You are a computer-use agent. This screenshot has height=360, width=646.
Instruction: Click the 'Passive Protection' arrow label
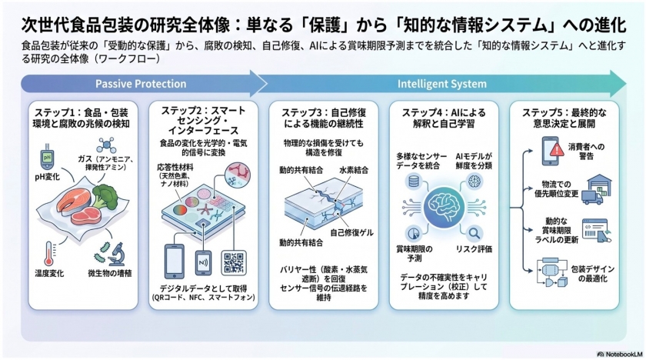[x=141, y=84]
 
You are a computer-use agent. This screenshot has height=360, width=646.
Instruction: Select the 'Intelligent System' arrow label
[x=442, y=84]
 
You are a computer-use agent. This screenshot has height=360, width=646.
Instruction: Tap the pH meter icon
[x=47, y=156]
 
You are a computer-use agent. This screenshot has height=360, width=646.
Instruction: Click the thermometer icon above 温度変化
[x=49, y=254]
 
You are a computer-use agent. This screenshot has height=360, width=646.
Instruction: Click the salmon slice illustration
[x=72, y=202]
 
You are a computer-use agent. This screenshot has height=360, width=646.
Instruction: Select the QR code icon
[x=234, y=262]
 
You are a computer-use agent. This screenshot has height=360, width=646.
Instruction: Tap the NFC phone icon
[x=203, y=263]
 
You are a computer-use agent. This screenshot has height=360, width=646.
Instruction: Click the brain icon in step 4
[x=444, y=207]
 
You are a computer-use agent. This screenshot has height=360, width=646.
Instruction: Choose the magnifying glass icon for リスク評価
[x=475, y=233]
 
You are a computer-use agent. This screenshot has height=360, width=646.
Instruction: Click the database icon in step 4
[x=413, y=182]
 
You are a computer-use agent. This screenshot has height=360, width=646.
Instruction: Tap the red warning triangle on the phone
[x=557, y=149]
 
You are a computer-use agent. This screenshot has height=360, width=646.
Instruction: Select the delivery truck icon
[x=592, y=197]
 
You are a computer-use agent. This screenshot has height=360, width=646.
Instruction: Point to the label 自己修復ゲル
[x=351, y=233]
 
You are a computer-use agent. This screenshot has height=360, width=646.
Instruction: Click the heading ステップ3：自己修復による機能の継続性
[x=324, y=118]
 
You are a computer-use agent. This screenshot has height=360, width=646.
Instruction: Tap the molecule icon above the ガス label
[x=106, y=145]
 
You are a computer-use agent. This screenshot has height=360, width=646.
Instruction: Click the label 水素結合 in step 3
[x=354, y=170]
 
